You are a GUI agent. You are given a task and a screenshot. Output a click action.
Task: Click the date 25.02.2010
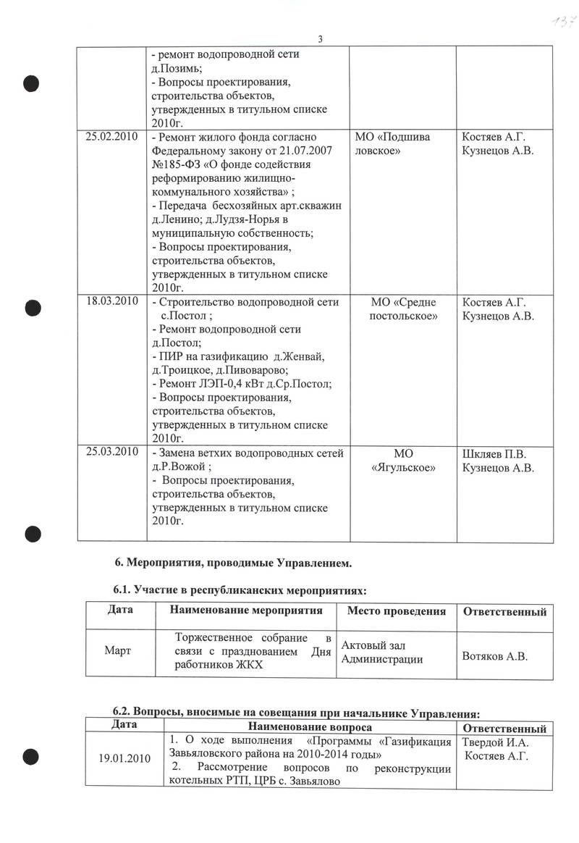[x=111, y=138]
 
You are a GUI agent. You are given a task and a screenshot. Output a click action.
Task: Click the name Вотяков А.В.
[x=494, y=657]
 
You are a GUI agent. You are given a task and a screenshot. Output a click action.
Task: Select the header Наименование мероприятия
[x=245, y=611]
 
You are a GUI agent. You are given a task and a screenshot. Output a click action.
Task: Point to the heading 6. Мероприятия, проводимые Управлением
[x=234, y=561]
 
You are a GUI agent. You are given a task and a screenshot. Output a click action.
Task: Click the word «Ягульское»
[x=402, y=468]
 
